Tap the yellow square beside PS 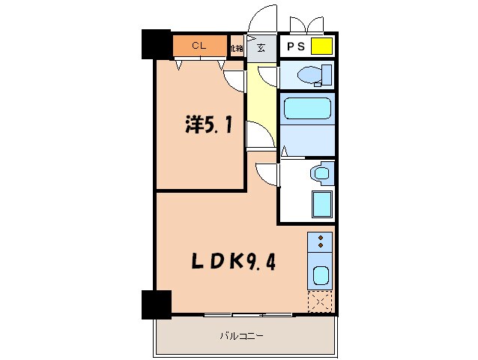pyautogui.click(x=321, y=46)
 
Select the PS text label pyautogui.click(x=294, y=46)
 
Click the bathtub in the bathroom pyautogui.click(x=306, y=108)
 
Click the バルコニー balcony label pyautogui.click(x=241, y=335)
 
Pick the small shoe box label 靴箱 pyautogui.click(x=237, y=47)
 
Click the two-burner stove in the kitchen pyautogui.click(x=320, y=241)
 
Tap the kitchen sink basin pyautogui.click(x=320, y=275)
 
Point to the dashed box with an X pyautogui.click(x=320, y=302)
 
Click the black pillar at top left pyautogui.click(x=157, y=44)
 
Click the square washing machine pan pyautogui.click(x=321, y=203)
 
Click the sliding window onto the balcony pyautogui.click(x=232, y=313)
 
